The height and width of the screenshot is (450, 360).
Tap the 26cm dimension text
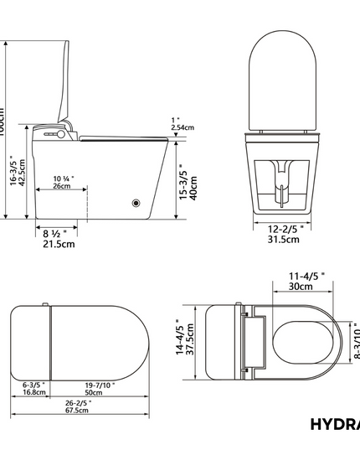tap(62, 186)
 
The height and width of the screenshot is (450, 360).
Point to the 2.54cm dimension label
tap(183, 127)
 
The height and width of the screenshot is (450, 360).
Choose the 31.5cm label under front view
tap(282, 240)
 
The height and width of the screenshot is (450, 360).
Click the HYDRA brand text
tap(334, 424)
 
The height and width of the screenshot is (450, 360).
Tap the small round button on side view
tap(135, 202)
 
